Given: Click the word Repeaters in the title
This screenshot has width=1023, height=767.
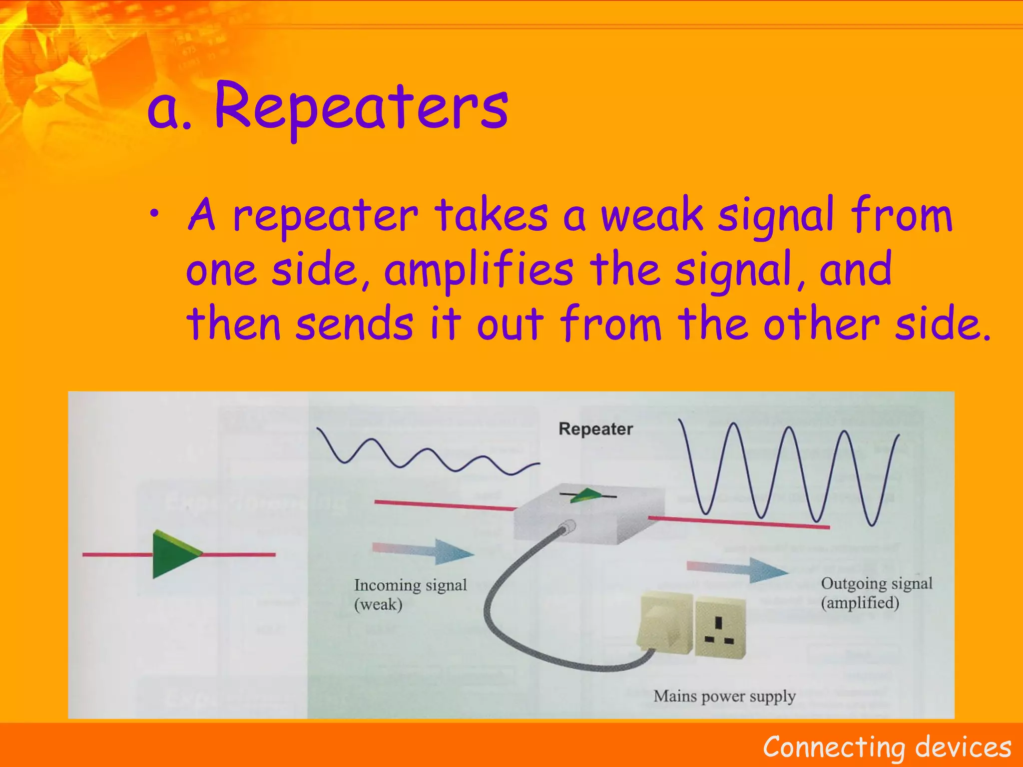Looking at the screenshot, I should point(361,107).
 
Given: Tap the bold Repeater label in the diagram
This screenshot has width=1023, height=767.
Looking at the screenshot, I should point(595,429).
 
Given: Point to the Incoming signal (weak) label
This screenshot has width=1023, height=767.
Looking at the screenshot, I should point(410,594).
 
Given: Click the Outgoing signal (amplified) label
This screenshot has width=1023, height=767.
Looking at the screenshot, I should point(876,593).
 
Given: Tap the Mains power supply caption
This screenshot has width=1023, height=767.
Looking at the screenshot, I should point(724,696).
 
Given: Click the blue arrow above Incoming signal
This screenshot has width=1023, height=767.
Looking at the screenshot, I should point(425,551).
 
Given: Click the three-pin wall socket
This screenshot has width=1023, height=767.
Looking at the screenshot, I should point(720,628).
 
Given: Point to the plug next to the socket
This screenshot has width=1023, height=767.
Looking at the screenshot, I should point(666,623).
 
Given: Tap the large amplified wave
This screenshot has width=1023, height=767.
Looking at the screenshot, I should point(789,472).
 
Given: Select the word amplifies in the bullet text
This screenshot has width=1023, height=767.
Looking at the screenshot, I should point(479,270).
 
